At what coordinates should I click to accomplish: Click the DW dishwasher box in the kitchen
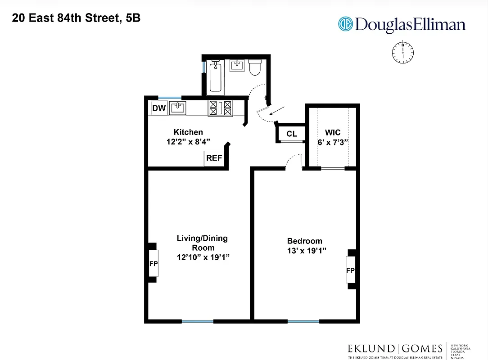coord(158,108)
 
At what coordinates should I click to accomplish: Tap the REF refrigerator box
coord(214,158)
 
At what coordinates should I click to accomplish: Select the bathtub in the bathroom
coord(215,77)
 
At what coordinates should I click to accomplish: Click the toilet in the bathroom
coord(255,67)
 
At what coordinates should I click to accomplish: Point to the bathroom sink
coord(237,66)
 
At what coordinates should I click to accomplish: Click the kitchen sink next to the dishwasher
coord(178,108)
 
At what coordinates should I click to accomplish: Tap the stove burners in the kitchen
coord(220,108)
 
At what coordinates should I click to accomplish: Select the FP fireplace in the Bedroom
coord(350,270)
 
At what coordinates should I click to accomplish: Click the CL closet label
coord(292,134)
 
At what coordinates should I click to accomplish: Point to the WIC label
coord(333,133)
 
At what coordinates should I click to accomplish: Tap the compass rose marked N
coord(402,52)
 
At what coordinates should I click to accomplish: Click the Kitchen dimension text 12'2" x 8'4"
coord(188,141)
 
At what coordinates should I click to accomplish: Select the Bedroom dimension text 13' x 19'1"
coord(307,250)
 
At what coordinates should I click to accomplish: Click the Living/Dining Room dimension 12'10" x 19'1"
coord(203,257)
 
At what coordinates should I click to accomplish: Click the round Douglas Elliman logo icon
coord(345,24)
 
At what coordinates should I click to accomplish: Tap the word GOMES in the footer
coord(422,348)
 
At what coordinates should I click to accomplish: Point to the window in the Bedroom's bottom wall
coord(303,321)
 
